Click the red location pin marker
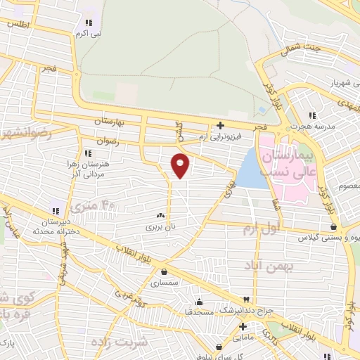coord(181,165)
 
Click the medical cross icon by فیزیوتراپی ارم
coord(220,125)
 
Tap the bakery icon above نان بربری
coord(161,216)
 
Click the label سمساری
coord(164,283)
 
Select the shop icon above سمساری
coord(164,272)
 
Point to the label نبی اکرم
coord(89,32)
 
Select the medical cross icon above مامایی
coord(243,327)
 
